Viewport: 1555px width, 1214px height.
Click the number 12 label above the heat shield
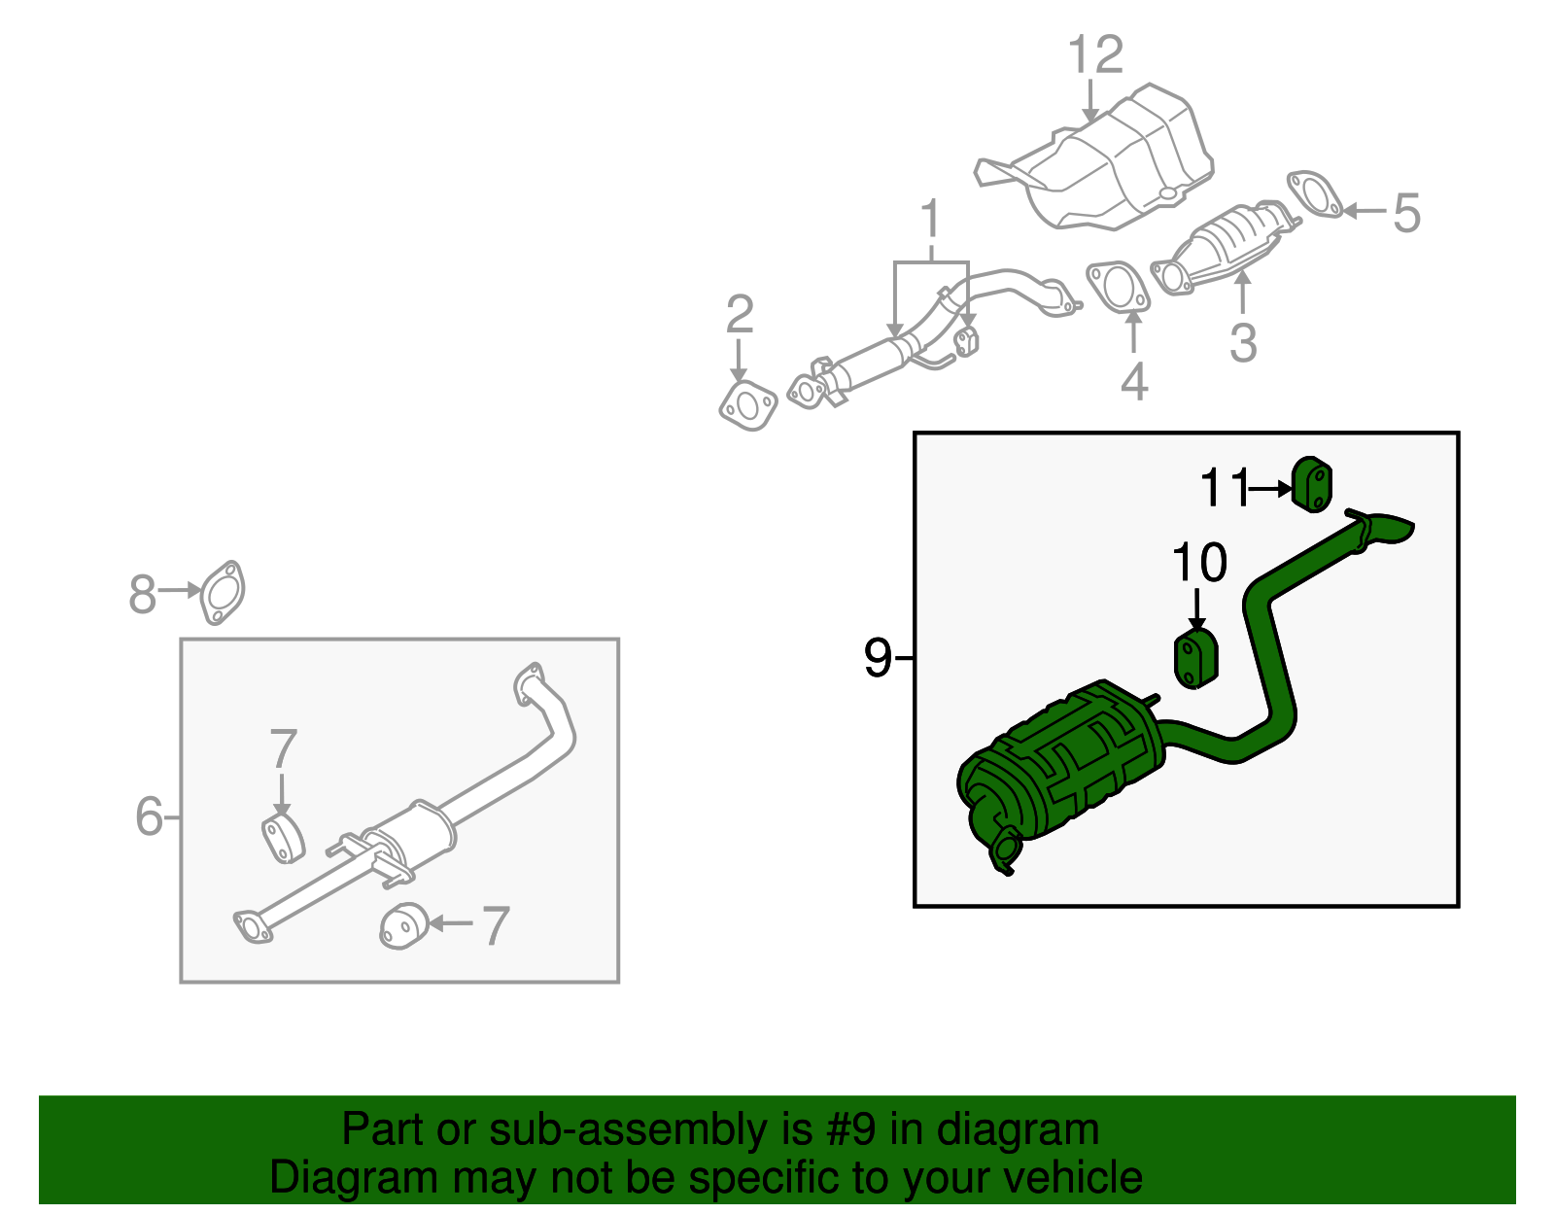click(x=1095, y=55)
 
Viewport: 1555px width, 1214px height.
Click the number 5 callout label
click(x=1406, y=213)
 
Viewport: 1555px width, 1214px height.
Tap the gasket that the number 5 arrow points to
click(x=1315, y=193)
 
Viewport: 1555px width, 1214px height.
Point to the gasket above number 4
click(x=1118, y=286)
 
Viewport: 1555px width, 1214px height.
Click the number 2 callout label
click(x=740, y=315)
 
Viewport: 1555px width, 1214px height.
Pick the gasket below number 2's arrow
click(x=748, y=406)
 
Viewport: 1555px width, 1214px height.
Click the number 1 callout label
click(x=931, y=219)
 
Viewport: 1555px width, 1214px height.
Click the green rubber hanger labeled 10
click(x=1196, y=659)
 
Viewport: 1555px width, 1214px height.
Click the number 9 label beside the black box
click(x=877, y=659)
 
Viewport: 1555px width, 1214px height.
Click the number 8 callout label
click(x=142, y=594)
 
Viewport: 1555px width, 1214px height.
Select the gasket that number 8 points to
click(x=223, y=592)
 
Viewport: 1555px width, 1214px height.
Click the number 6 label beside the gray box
click(x=149, y=816)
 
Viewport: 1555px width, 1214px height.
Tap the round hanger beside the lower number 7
click(x=403, y=926)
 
